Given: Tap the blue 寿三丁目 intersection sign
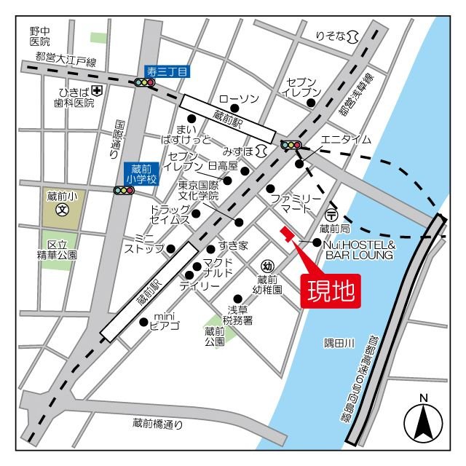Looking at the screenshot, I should (167, 71).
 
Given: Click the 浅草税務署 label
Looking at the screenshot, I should (237, 315).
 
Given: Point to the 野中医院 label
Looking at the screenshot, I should (40, 36).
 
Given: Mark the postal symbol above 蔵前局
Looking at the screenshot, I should (331, 215).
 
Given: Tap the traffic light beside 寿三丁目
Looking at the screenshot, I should (144, 83).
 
